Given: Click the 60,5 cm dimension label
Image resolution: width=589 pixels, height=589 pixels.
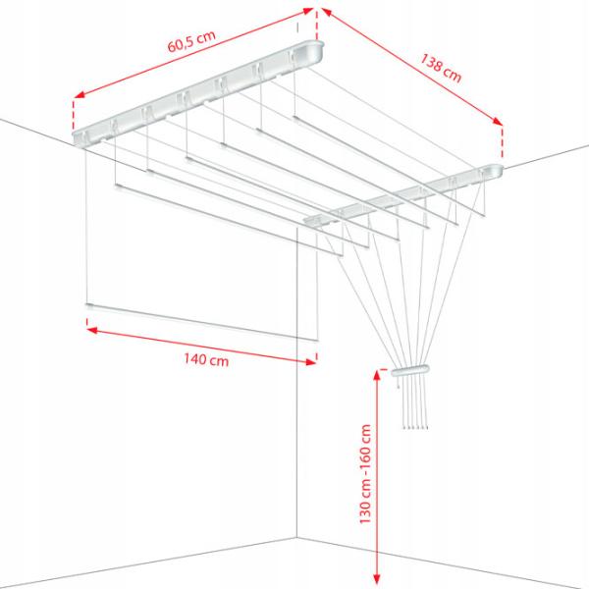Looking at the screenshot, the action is coord(191,41).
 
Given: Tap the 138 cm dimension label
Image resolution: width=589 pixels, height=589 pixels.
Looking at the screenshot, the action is coord(440,68).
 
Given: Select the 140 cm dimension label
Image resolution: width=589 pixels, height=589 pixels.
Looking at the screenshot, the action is coord(206,359).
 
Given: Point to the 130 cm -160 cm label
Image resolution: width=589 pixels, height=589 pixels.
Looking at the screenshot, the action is coord(365,474).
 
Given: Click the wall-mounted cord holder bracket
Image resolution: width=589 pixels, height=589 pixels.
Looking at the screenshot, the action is coord(409,370).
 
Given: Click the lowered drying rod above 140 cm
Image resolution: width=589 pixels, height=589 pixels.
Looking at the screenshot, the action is coord(202,322).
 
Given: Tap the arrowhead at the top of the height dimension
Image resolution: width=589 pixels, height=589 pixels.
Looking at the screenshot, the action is coord(377,376).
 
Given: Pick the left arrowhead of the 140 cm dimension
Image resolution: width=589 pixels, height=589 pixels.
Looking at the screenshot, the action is coord(92,330).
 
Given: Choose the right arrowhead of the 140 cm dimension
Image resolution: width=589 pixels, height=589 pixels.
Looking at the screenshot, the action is coord(311,361).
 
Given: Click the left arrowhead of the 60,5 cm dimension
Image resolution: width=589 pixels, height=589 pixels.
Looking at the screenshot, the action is coord(80,94).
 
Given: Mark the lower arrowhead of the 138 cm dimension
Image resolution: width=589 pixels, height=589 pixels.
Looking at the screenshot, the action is coord(498,121).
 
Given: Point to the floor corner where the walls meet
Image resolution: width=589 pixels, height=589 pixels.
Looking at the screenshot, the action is coord(297,538).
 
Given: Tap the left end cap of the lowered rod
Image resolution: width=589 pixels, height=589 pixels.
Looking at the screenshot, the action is coord(89,305).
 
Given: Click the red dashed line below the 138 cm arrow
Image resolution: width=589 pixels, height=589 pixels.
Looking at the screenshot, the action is coord(502,142).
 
